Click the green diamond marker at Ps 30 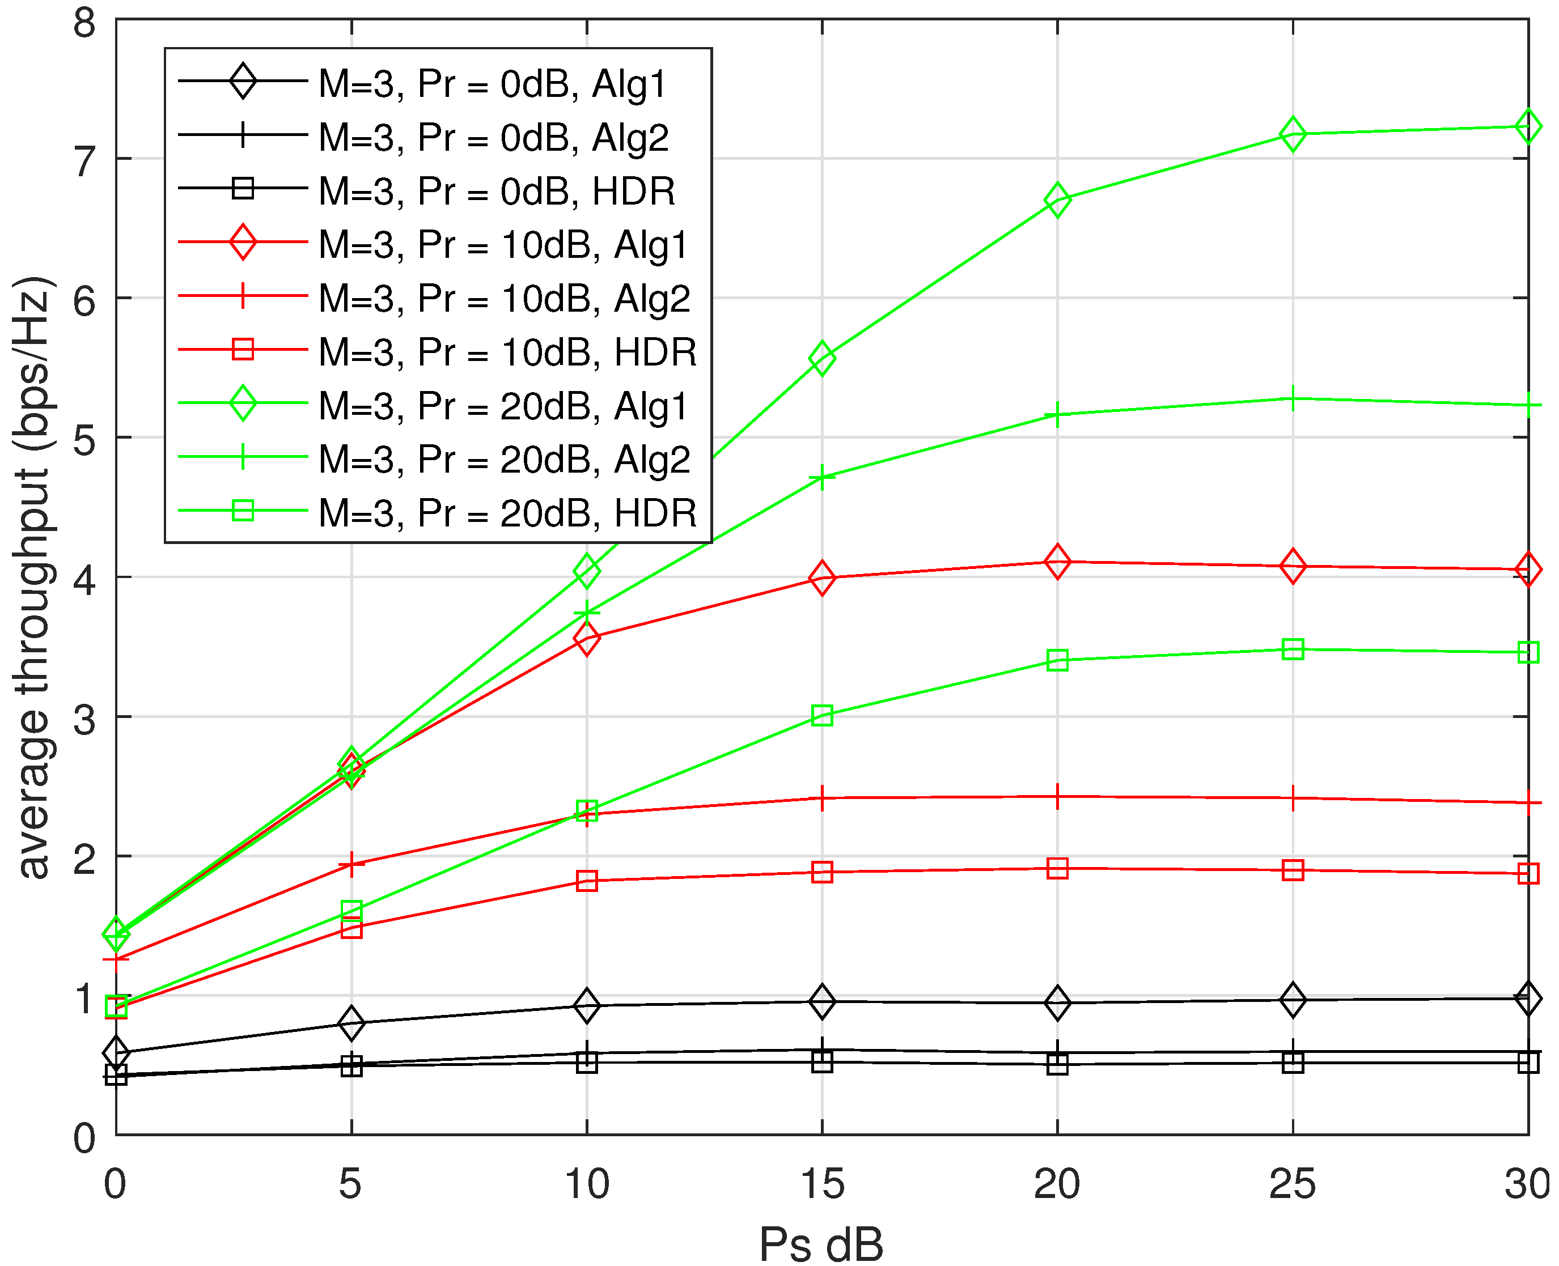1528,127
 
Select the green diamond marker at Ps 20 1057,200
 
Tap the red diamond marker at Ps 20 1057,562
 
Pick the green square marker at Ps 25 1293,649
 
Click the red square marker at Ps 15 822,872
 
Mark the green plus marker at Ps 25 1293,399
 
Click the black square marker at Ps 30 1528,1063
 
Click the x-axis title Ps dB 821,1243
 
